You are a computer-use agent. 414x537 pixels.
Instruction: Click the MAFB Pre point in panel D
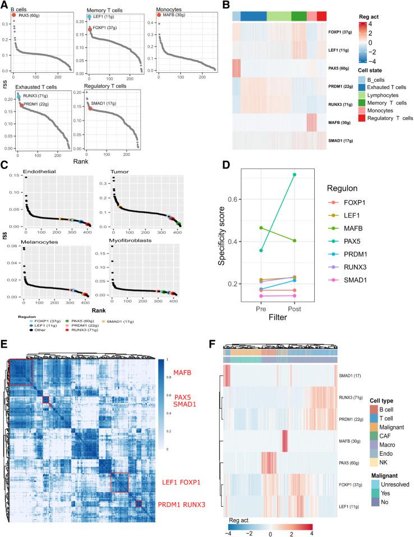(x=261, y=228)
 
